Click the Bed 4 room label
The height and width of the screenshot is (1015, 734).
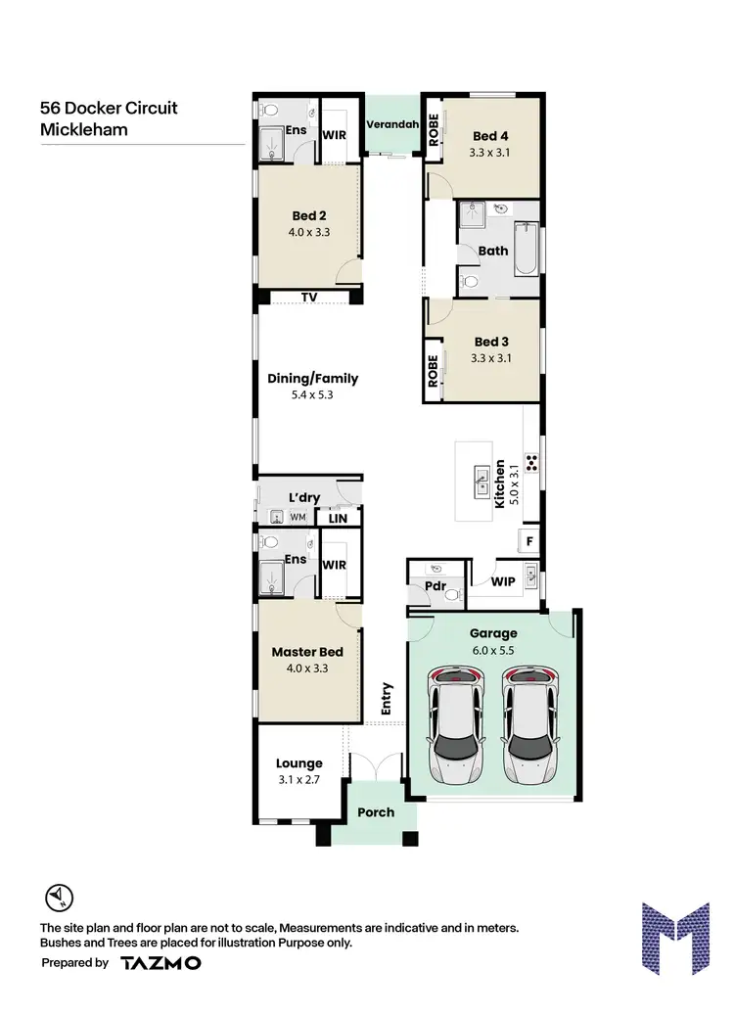click(x=490, y=136)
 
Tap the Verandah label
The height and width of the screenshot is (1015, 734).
click(x=391, y=124)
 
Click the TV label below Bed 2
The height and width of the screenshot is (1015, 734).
click(x=309, y=297)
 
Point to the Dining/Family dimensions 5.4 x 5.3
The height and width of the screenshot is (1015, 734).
click(x=312, y=395)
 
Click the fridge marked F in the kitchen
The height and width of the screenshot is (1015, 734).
click(x=529, y=539)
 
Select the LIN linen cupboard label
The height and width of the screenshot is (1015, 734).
click(x=339, y=517)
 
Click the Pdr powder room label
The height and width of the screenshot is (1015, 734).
click(x=436, y=589)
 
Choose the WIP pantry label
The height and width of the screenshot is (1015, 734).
click(x=504, y=582)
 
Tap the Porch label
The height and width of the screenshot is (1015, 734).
click(x=376, y=812)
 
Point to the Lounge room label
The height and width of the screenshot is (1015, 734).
click(x=298, y=763)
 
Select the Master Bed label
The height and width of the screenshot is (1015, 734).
click(x=307, y=653)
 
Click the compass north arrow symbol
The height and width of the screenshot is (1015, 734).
click(x=58, y=897)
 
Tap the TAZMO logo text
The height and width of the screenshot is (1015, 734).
click(x=161, y=963)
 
